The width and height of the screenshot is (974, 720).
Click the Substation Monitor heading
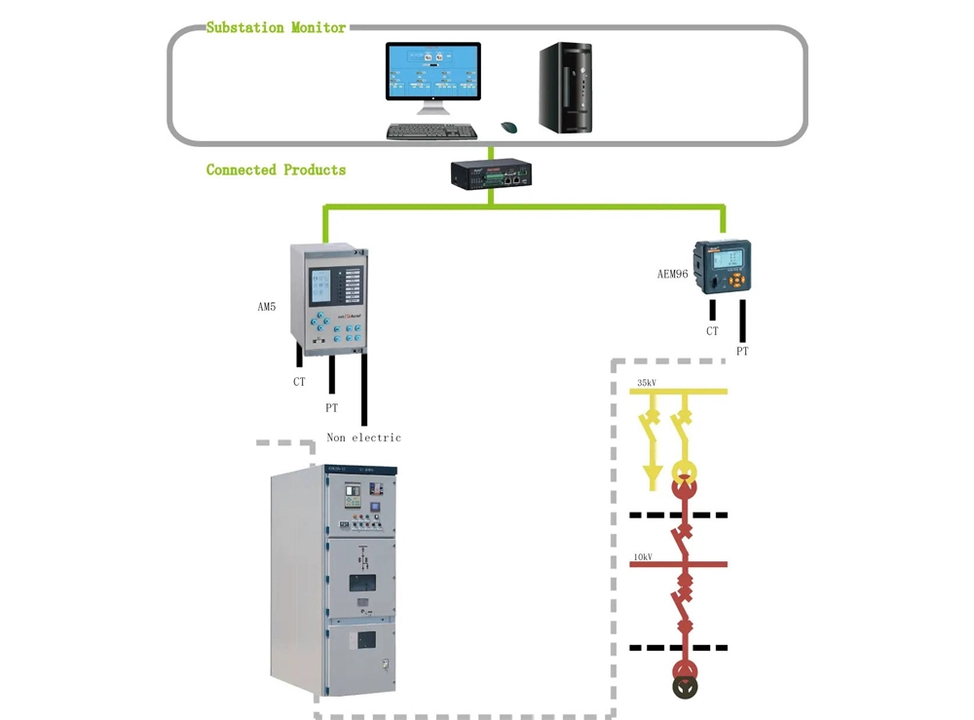(x=276, y=28)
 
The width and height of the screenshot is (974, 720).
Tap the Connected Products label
(x=276, y=170)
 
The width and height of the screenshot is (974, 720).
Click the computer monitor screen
(x=432, y=71)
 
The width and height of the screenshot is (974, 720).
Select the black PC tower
(x=566, y=87)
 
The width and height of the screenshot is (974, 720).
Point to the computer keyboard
(x=431, y=132)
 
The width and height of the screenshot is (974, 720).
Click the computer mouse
(x=508, y=128)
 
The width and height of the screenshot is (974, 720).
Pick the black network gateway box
(x=490, y=174)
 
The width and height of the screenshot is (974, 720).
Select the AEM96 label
(x=672, y=274)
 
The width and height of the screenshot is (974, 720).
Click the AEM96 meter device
(x=721, y=267)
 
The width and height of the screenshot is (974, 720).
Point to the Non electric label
(x=363, y=437)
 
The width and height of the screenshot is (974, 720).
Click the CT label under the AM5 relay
(x=299, y=382)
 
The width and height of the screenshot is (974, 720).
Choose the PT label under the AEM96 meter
(x=742, y=351)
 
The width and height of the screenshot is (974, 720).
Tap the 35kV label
(x=646, y=383)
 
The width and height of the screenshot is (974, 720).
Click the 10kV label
(x=642, y=557)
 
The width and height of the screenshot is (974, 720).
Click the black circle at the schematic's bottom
(x=686, y=687)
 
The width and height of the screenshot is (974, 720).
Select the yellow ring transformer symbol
(x=686, y=466)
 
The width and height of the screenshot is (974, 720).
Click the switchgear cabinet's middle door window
(x=362, y=584)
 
